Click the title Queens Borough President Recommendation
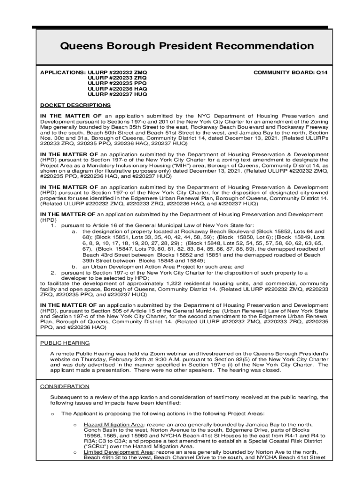(187, 46)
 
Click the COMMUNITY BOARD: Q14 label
(290, 73)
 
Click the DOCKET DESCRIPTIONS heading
(75, 105)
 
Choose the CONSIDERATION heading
(65, 386)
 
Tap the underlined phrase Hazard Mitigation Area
(114, 424)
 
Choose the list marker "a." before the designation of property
(74, 232)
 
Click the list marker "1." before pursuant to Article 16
(53, 225)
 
